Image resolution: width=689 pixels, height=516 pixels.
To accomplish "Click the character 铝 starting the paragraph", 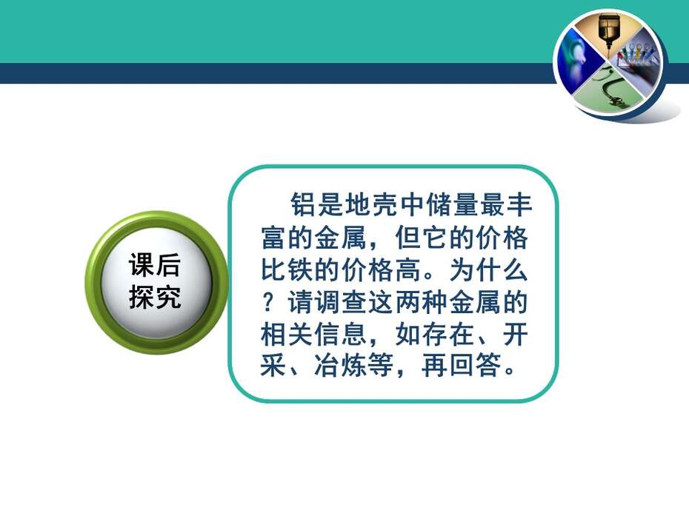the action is pos(303,204).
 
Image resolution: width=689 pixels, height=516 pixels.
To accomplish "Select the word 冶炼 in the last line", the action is pos(341,366).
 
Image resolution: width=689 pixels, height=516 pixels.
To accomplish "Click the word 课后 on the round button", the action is pos(155,265).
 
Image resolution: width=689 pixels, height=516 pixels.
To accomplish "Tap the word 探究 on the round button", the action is pos(155,297).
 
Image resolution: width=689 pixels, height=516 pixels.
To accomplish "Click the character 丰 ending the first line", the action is pos(520,204).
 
